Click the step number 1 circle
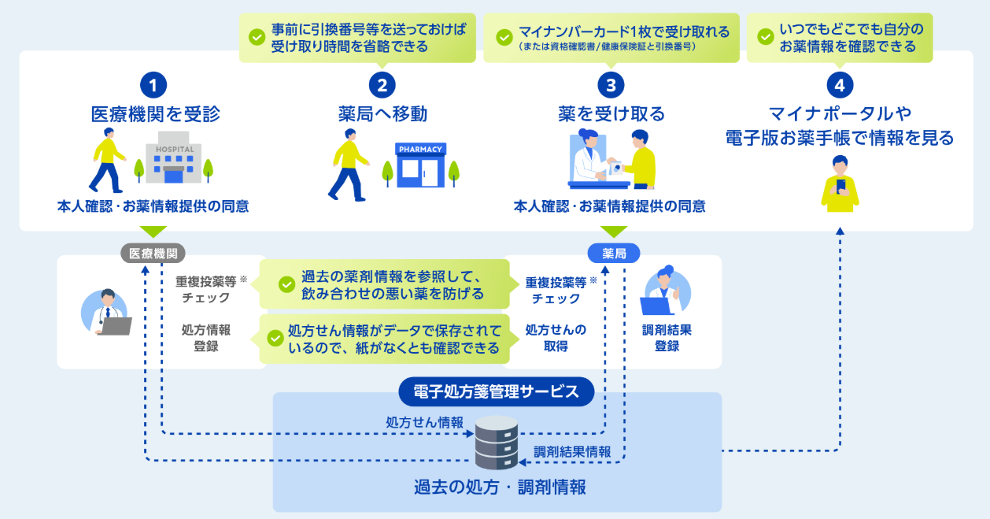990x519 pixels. pyautogui.click(x=154, y=84)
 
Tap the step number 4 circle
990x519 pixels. pyautogui.click(x=840, y=84)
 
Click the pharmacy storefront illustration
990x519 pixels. pyautogui.click(x=421, y=165)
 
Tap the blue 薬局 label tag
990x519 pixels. pyautogui.click(x=613, y=253)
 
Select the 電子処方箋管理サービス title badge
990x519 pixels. pyautogui.click(x=496, y=391)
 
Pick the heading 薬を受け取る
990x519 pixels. pyautogui.click(x=611, y=114)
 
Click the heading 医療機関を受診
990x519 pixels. pyautogui.click(x=155, y=114)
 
